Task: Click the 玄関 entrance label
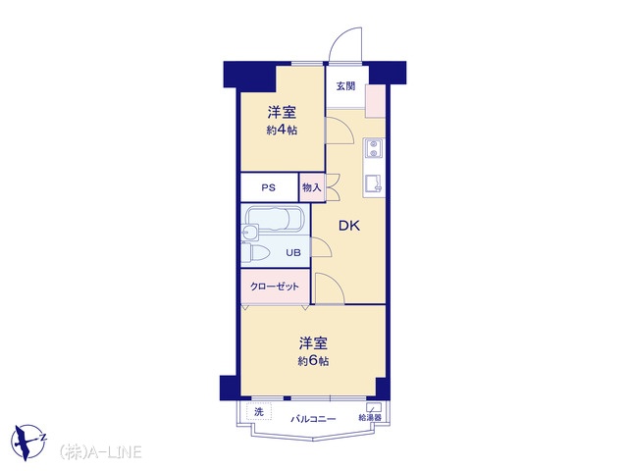point(345,86)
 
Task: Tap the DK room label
point(349,226)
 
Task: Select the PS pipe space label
point(269,187)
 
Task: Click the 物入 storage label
point(312,187)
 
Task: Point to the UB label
point(293,253)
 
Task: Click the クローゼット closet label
point(275,287)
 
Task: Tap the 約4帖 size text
point(282,131)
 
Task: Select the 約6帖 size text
point(313,361)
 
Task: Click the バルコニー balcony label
point(313,419)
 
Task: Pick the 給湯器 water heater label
point(370,418)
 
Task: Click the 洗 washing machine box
point(259,412)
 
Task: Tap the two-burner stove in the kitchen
point(374,149)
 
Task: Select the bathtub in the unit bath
point(275,219)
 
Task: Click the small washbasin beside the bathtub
point(251,232)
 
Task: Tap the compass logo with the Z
point(28,442)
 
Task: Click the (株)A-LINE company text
point(100,451)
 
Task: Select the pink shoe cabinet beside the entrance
point(375,101)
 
